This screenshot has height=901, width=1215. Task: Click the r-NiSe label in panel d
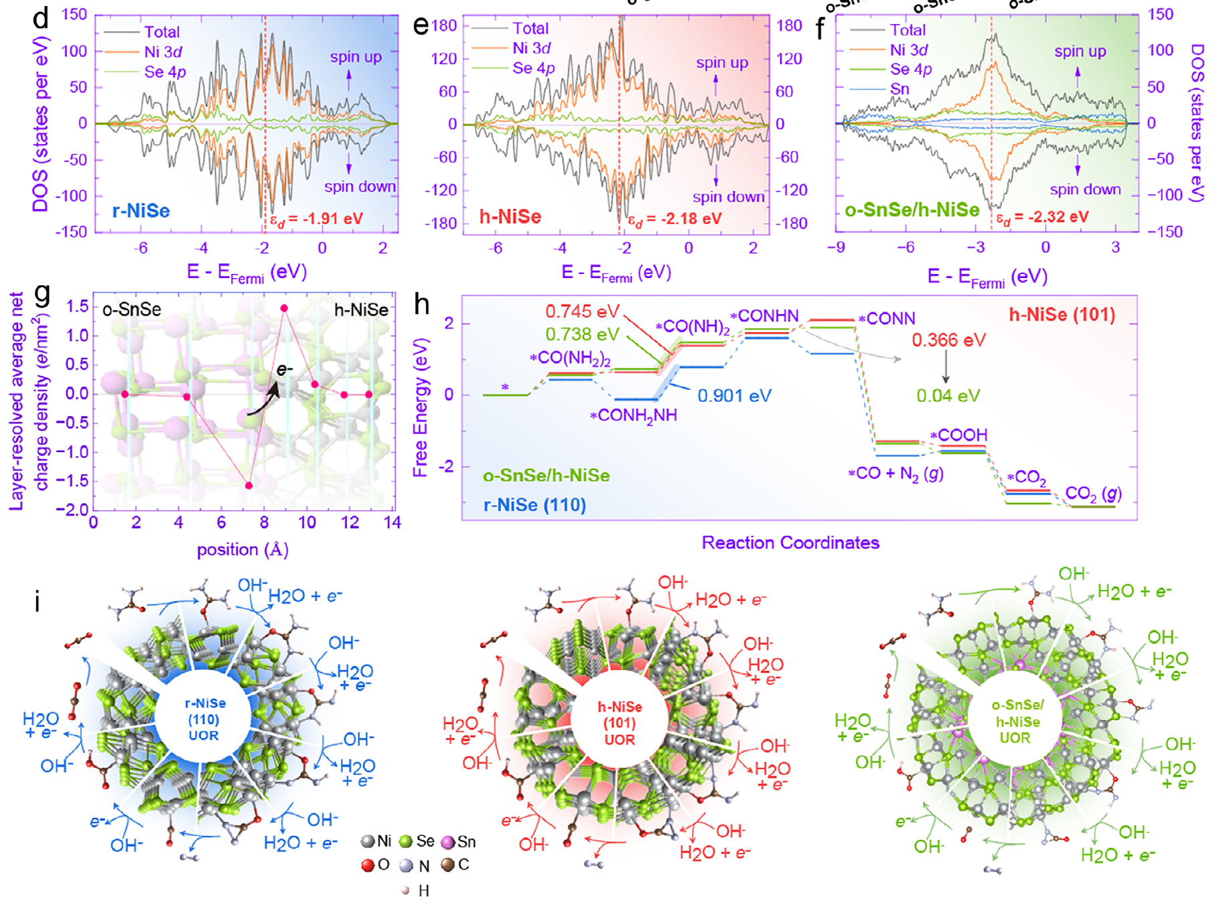(141, 211)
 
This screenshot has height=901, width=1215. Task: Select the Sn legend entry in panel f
(900, 89)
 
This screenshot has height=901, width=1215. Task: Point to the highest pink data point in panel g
(284, 308)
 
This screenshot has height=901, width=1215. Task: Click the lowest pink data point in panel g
(249, 486)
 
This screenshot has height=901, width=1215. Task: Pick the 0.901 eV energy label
(734, 396)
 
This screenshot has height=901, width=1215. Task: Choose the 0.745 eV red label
(577, 311)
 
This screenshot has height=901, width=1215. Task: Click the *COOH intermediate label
(958, 435)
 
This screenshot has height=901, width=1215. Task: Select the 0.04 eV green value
(948, 396)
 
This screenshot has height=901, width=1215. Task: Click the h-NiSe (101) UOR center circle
(620, 723)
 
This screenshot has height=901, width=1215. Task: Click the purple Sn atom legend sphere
(448, 842)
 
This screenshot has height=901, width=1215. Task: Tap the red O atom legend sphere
(367, 865)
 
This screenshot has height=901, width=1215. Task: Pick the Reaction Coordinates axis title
(790, 543)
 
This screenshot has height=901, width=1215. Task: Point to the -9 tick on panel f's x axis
(836, 248)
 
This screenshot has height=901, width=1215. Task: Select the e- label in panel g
(285, 370)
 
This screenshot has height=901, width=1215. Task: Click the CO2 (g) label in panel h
(1093, 494)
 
